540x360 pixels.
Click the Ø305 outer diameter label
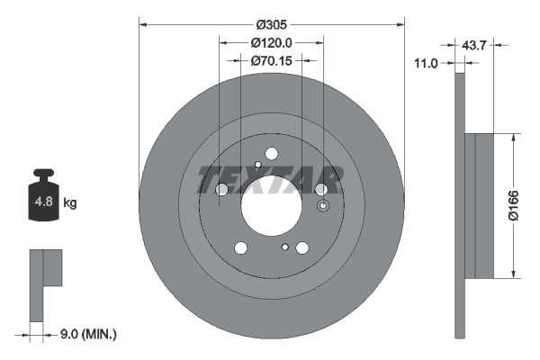pos(270,25)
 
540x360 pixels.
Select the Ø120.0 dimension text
pos(270,43)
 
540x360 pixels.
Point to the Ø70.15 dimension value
pos(270,61)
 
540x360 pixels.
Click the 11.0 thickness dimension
pos(428,64)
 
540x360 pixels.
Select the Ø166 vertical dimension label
pos(526,204)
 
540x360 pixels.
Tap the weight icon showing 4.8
pos(42,201)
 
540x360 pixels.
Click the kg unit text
pos(70,203)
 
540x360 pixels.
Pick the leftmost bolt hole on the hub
pos(222,189)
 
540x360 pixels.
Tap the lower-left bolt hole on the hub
pos(240,248)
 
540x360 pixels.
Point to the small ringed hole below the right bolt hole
pos(285,246)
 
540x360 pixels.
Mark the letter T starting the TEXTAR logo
pos(205,180)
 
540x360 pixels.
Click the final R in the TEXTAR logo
pos(329,180)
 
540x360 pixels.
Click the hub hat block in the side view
pos(481,205)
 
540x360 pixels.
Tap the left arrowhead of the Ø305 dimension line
pos(142,25)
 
